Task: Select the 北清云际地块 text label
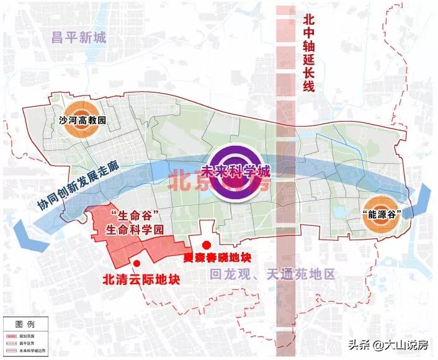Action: [x=141, y=279]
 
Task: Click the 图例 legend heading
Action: [x=25, y=324]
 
